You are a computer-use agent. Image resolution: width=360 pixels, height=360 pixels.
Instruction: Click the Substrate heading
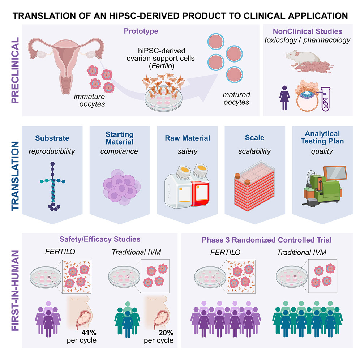click(53, 138)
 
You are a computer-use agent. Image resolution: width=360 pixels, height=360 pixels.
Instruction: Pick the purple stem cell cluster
click(120, 188)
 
